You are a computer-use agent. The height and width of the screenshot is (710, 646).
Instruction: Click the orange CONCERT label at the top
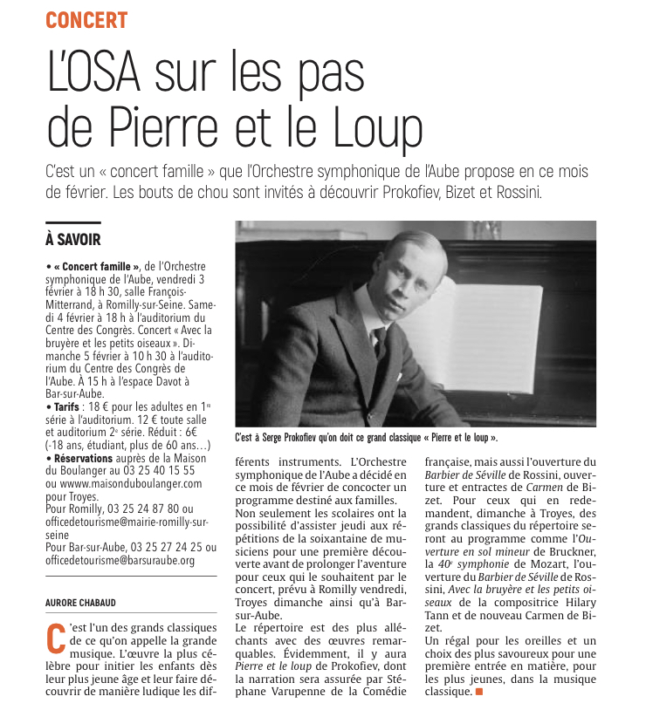[86, 20]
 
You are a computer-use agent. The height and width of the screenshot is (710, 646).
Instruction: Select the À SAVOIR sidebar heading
[73, 239]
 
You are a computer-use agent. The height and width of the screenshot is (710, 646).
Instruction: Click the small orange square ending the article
[478, 692]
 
